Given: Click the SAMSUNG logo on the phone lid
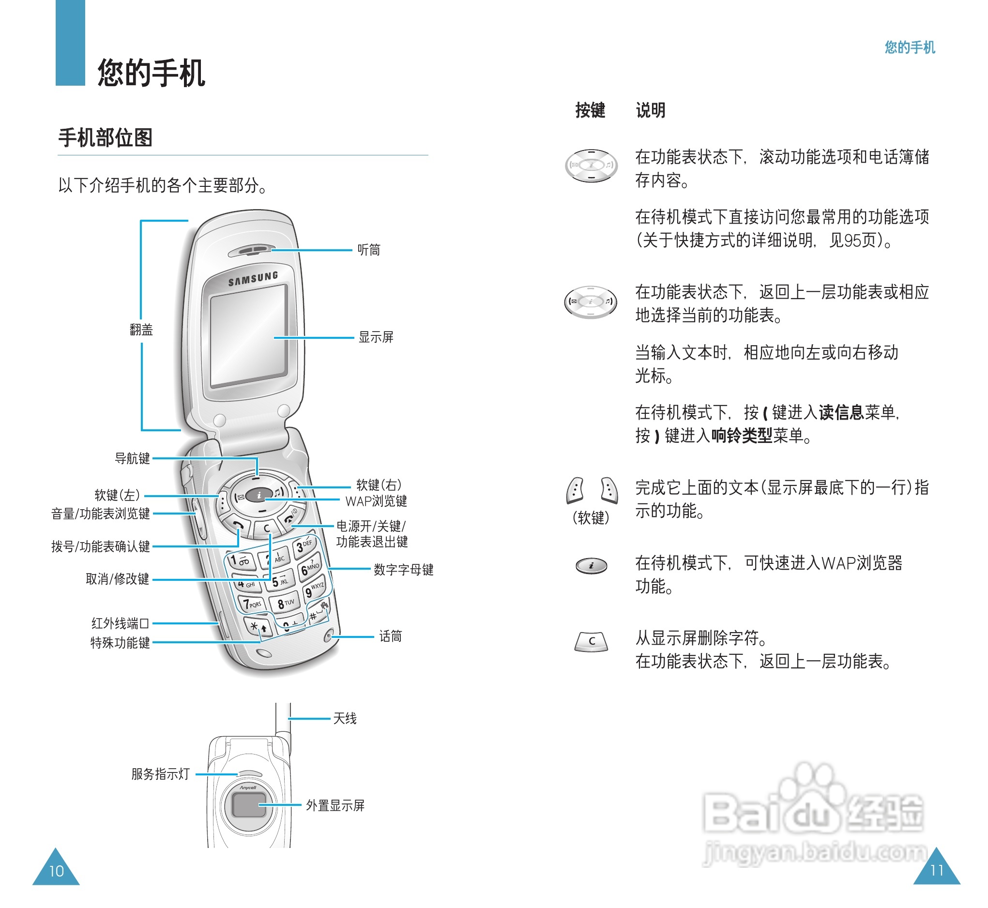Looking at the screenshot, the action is [x=253, y=279].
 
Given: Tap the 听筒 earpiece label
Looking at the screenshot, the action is [x=368, y=250].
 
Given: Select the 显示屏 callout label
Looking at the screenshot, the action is [x=376, y=337].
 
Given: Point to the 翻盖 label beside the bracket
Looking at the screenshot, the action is [x=141, y=330].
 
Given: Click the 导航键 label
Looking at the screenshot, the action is [x=132, y=458].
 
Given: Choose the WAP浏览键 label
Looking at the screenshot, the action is [x=376, y=501].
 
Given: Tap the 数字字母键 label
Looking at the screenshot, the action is [x=403, y=570].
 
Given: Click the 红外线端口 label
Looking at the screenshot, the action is [x=120, y=623].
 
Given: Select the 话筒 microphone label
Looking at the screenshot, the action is [x=390, y=636].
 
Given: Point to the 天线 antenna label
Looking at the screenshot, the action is [x=345, y=718].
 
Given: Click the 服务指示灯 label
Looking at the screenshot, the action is [x=160, y=774].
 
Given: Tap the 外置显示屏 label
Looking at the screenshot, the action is [x=335, y=805].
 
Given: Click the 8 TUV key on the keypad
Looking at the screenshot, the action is [x=285, y=604].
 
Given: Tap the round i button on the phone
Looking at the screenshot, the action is [x=259, y=495].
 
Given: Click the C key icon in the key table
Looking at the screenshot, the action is [x=591, y=641].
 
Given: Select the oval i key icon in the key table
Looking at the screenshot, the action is [x=591, y=566].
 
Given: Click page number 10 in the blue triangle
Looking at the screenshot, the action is [x=56, y=871].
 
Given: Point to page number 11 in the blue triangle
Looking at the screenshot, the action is [x=936, y=870].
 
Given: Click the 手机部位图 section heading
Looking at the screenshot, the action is [x=105, y=137].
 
